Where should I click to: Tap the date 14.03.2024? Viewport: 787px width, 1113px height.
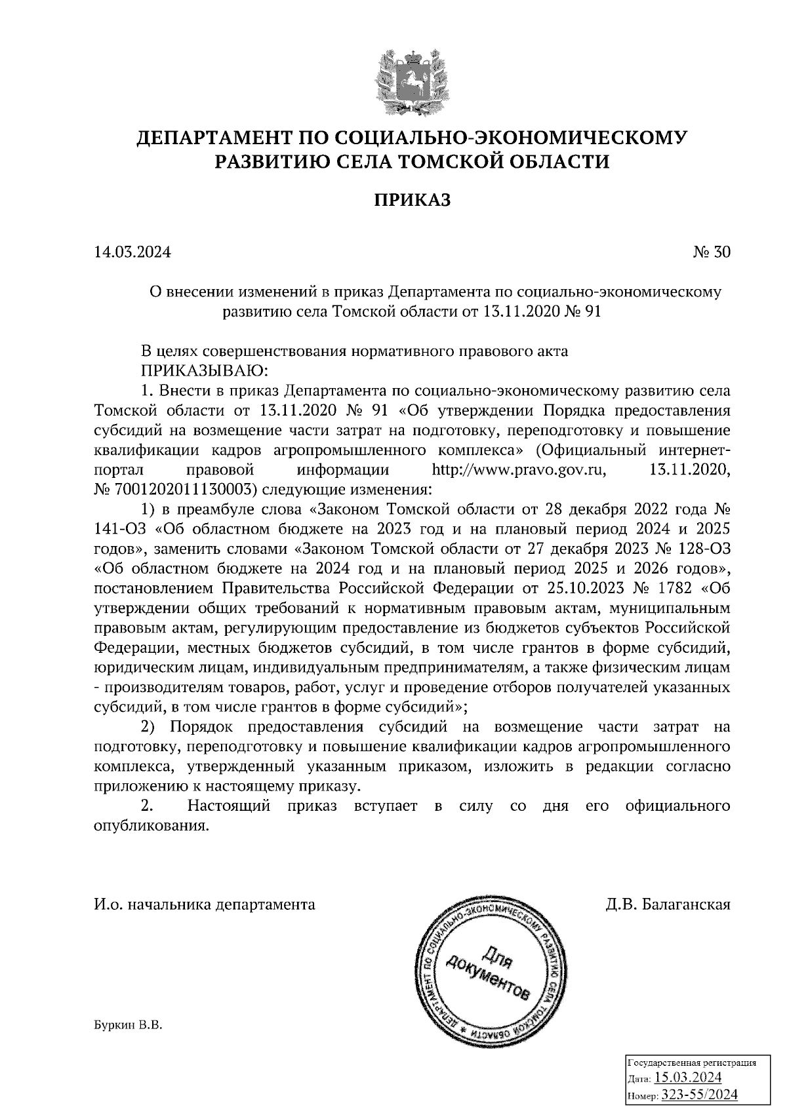tap(132, 252)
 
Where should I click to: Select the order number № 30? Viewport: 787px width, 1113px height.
tap(711, 252)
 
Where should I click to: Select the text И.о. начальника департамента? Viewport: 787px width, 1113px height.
tap(204, 905)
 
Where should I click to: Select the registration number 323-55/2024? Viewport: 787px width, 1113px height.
tap(699, 1095)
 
